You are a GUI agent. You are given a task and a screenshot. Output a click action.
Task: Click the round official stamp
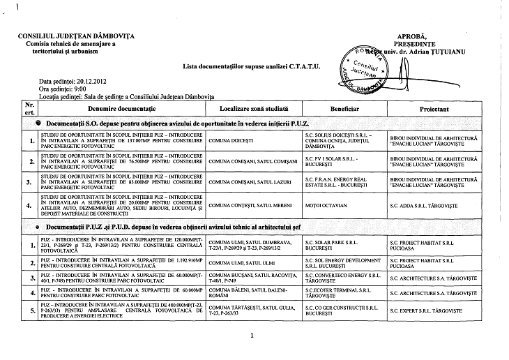(363, 70)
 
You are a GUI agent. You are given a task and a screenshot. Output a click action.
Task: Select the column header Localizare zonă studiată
(254, 110)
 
